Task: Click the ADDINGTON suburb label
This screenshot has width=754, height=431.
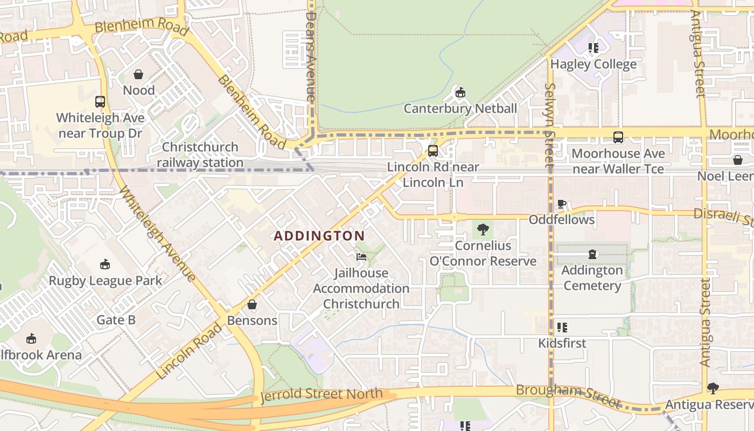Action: coord(319,236)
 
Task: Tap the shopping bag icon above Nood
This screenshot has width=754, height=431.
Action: coord(138,74)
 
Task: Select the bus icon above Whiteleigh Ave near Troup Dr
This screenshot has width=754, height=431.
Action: coord(100,101)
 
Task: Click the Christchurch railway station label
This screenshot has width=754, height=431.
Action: coord(200,155)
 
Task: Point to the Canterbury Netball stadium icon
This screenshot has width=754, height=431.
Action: coord(460,93)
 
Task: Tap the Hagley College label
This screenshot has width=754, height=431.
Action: coord(593,65)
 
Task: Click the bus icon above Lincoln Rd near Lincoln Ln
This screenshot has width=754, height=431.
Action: coord(432,151)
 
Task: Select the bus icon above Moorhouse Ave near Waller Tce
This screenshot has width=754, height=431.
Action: coord(618,137)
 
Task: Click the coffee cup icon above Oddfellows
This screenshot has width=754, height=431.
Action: coord(561,204)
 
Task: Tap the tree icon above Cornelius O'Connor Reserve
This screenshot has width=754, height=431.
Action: coord(483,230)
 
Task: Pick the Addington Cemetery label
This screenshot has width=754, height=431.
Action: coord(592,277)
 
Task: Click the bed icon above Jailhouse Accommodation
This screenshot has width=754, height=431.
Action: coord(361,257)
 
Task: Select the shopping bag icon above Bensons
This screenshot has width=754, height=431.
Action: coord(252,304)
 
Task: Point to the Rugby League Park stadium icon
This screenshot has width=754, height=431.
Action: coord(105,265)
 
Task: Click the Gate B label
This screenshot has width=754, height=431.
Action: coord(116,320)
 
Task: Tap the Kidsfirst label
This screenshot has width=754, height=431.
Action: coord(562,343)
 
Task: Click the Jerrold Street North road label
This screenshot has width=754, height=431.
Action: coord(322,394)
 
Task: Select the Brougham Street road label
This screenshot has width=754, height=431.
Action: coord(568,395)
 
